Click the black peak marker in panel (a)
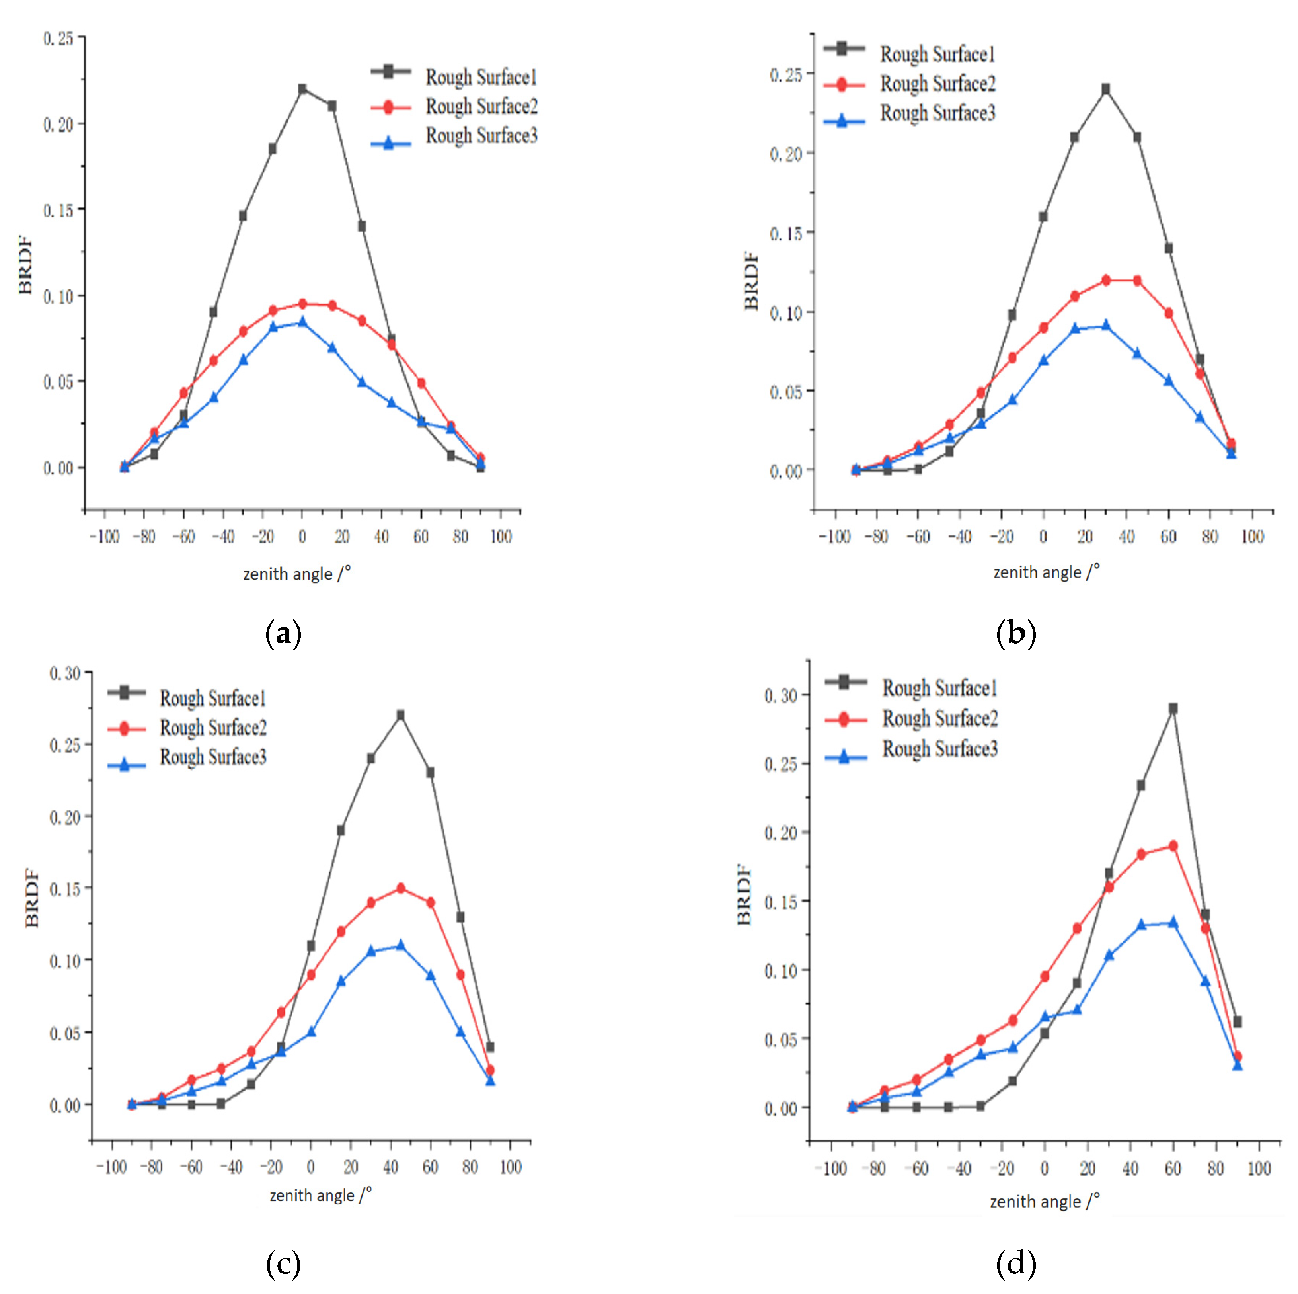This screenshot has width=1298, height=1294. [302, 89]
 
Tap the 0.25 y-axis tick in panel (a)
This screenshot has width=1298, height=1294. [58, 38]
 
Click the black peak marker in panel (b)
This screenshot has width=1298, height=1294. [1105, 89]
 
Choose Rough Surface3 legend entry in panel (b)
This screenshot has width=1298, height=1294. [937, 113]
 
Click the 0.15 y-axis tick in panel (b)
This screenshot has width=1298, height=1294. [785, 233]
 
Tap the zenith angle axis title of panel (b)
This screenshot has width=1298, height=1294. [1046, 572]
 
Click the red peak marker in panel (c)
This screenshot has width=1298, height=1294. [400, 888]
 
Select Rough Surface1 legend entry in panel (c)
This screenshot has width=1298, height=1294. [212, 699]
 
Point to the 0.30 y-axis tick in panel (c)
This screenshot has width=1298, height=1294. [65, 673]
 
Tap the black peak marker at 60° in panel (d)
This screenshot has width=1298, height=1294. [1172, 708]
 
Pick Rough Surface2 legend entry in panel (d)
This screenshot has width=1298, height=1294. [939, 718]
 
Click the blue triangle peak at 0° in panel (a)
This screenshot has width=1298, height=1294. [302, 322]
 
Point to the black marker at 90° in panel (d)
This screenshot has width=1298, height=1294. [1237, 1022]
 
